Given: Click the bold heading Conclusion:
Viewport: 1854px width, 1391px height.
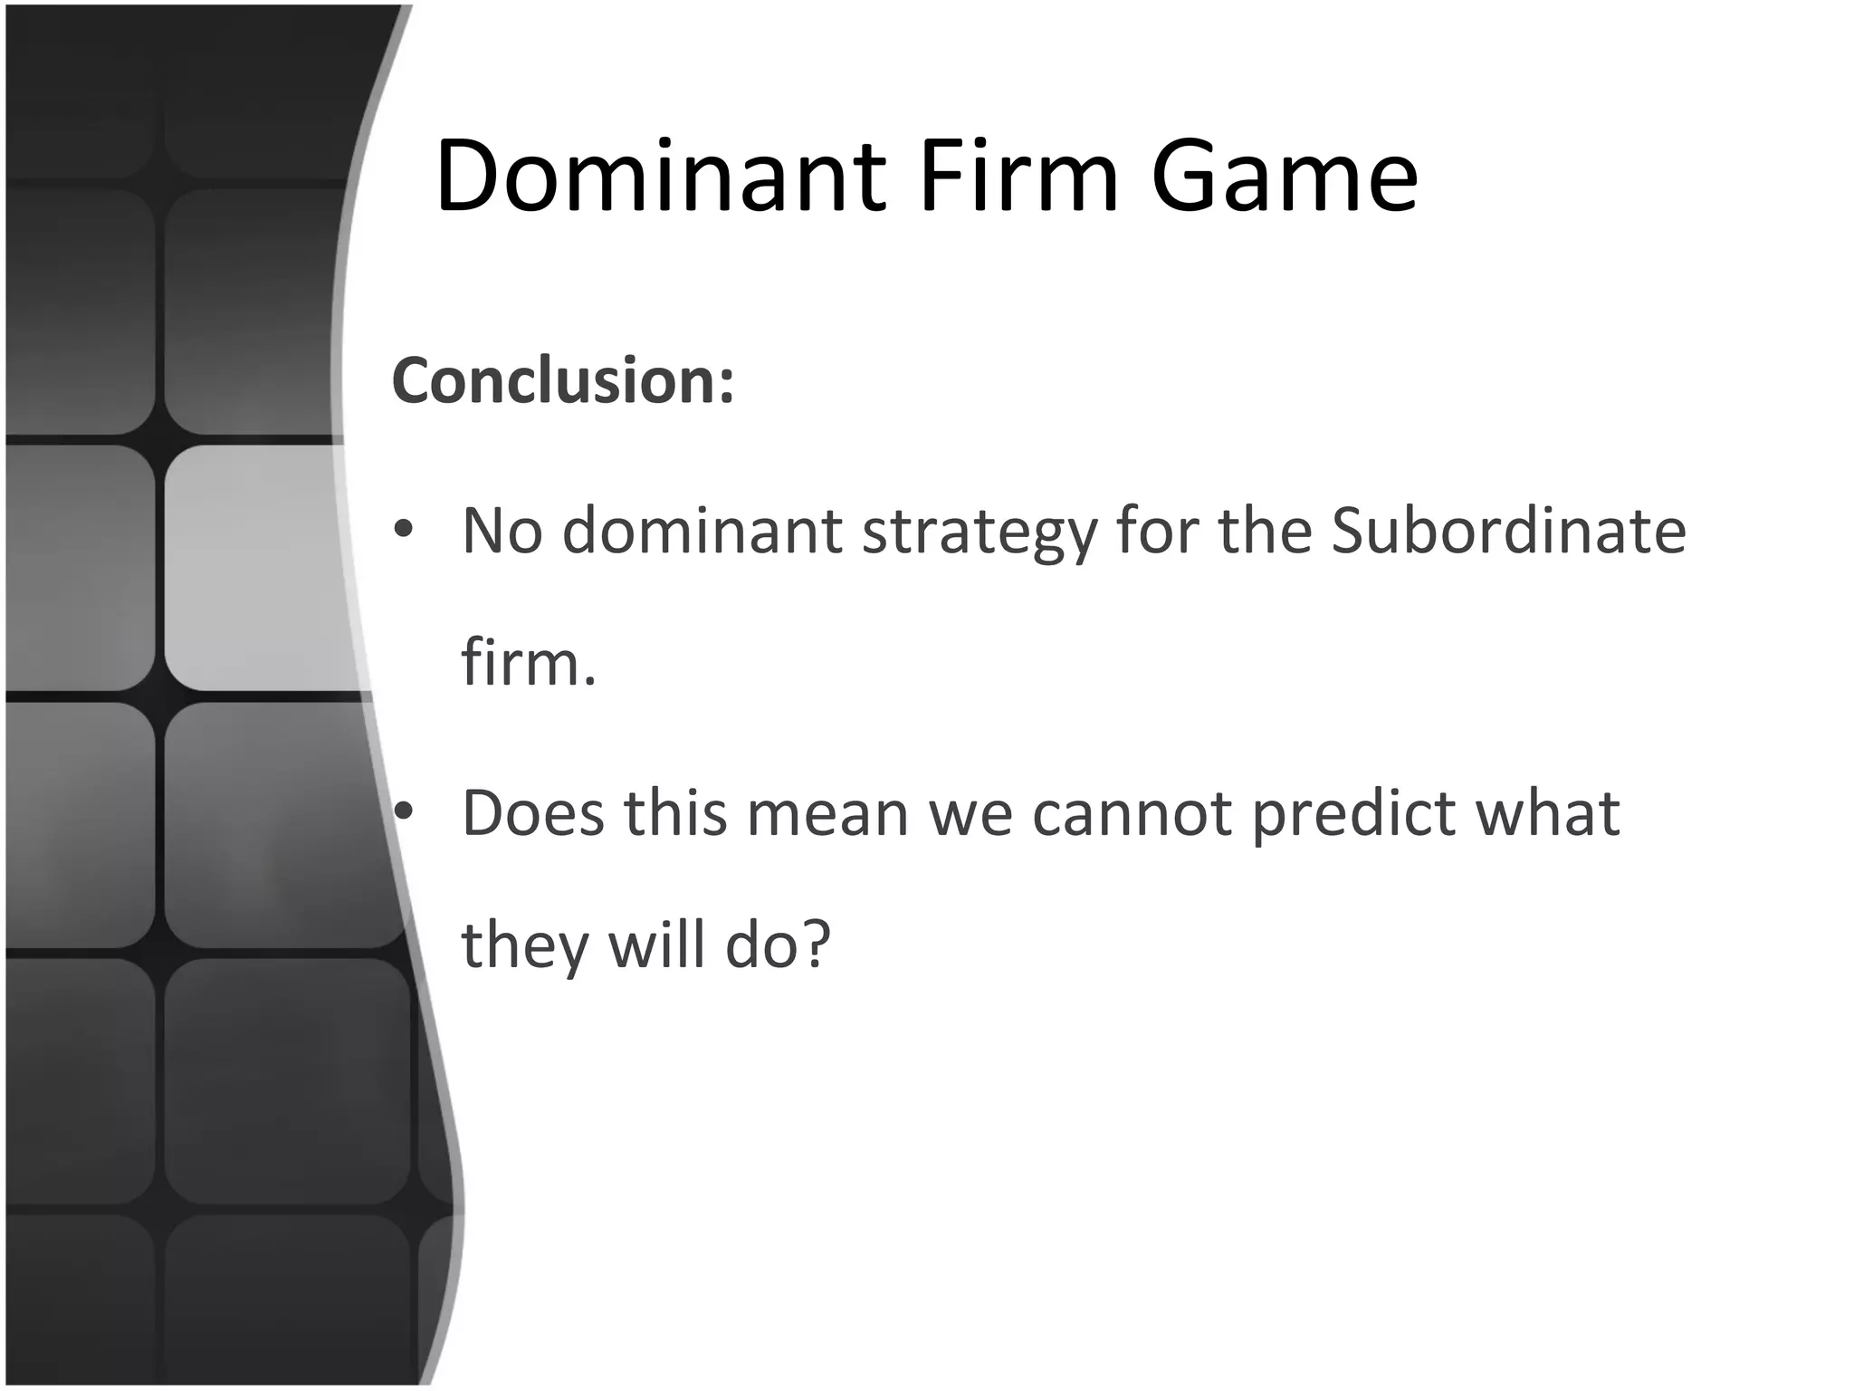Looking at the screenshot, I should coord(562,380).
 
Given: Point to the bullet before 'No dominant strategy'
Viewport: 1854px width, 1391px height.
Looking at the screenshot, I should coord(404,529).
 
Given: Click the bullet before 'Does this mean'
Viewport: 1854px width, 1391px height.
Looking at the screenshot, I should coord(404,811).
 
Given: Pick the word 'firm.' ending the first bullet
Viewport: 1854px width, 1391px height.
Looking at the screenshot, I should coord(529,662).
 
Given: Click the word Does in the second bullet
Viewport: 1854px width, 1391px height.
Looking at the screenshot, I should coord(532,812).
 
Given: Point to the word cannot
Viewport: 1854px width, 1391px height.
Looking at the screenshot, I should coord(1132,814).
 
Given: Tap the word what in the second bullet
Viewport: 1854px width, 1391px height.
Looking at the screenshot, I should coord(1547,812).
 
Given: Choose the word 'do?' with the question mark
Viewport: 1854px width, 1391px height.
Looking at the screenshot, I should coord(778,945).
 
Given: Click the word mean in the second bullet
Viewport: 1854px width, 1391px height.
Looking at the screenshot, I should coord(827,814).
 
